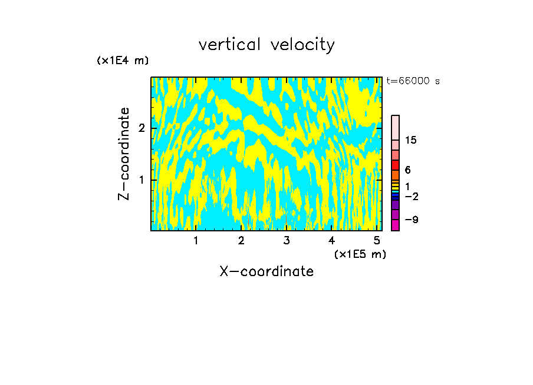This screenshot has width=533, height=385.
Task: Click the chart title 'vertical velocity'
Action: tap(266, 45)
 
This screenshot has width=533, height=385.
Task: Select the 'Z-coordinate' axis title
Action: tap(124, 154)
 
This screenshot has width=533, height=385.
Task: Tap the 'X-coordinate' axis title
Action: tap(266, 271)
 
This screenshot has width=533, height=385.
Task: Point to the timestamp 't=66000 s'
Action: tap(413, 81)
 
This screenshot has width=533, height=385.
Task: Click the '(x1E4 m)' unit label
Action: tap(123, 61)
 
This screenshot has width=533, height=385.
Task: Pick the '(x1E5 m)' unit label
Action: tap(360, 254)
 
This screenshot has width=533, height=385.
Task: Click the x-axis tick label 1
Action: tap(196, 241)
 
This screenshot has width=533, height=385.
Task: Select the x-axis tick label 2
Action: tap(241, 241)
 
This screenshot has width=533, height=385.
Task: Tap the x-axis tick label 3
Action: tap(287, 241)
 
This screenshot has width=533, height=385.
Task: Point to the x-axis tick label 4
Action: tap(332, 241)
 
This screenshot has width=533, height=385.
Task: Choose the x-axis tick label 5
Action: tap(377, 241)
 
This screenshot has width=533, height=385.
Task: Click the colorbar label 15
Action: tap(411, 140)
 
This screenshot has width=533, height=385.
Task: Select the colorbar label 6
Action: tap(407, 170)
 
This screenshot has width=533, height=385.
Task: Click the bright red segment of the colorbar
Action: tap(395, 165)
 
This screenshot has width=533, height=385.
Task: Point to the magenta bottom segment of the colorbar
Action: tap(395, 225)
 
